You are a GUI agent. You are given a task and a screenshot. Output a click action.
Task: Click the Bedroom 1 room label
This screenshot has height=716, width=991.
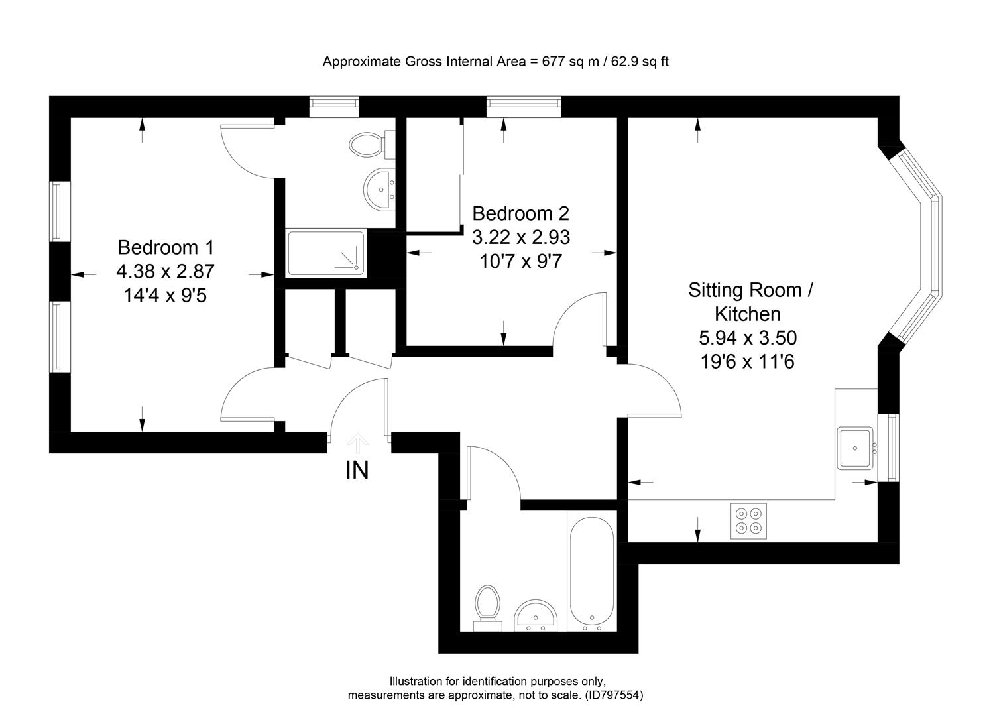pyautogui.click(x=166, y=247)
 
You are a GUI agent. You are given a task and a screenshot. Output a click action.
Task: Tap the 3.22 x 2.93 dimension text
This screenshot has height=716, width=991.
pyautogui.click(x=520, y=237)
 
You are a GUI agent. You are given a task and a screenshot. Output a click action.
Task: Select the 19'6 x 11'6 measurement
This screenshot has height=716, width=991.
pyautogui.click(x=747, y=362)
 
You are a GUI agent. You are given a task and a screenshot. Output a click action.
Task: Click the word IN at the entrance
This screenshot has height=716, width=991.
pyautogui.click(x=357, y=470)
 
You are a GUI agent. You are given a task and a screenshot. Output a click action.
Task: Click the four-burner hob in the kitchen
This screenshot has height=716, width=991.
pyautogui.click(x=748, y=520)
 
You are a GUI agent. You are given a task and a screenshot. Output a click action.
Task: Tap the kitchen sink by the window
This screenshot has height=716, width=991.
pyautogui.click(x=855, y=448)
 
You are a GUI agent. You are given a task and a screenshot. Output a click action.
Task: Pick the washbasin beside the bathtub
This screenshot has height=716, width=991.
pyautogui.click(x=538, y=615)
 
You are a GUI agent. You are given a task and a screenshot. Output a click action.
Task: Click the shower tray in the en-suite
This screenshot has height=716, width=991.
pyautogui.click(x=325, y=253)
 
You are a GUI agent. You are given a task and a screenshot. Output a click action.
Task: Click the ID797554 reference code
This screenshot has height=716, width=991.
pyautogui.click(x=612, y=695)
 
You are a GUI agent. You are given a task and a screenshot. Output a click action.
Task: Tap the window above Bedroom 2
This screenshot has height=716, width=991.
pyautogui.click(x=524, y=106)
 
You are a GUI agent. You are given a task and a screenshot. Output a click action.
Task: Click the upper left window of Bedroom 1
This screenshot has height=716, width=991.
pyautogui.click(x=57, y=211)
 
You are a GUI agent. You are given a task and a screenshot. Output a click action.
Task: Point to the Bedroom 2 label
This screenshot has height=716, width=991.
pyautogui.click(x=520, y=213)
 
